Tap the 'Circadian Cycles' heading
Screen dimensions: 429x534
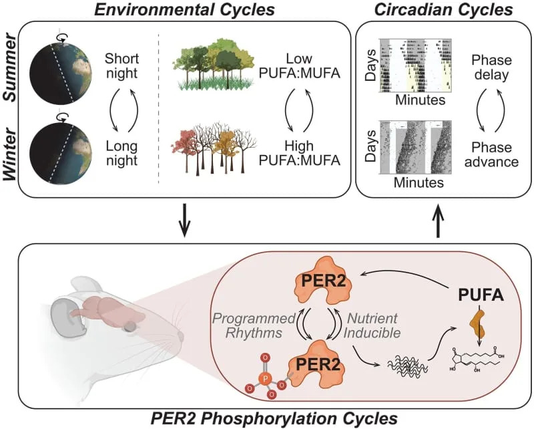pyautogui.click(x=443, y=10)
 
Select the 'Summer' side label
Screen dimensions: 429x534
pyautogui.click(x=11, y=69)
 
